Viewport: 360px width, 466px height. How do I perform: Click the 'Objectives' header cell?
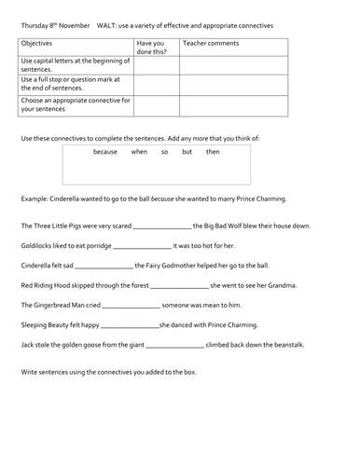[x=38, y=43]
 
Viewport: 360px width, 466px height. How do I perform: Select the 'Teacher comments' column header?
[x=206, y=43]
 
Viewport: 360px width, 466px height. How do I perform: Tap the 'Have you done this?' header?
[x=152, y=47]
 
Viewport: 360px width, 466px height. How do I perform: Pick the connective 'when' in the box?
[x=139, y=151]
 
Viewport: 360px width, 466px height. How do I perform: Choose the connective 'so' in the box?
[x=164, y=151]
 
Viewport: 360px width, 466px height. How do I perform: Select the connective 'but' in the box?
[x=187, y=151]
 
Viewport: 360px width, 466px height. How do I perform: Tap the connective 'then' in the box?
[x=214, y=151]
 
